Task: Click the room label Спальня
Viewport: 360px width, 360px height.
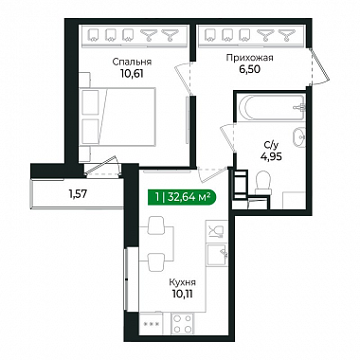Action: pos(132,63)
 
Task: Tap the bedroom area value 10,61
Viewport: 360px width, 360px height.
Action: pos(132,74)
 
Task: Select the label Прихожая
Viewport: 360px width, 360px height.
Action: pos(249,58)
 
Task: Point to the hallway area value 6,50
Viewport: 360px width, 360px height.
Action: pos(249,69)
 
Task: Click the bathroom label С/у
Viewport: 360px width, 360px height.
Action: pos(271,146)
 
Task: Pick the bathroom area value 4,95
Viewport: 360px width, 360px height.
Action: pos(271,156)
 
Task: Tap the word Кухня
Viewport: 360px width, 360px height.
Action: pos(183,282)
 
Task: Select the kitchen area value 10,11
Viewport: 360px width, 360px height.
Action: pos(183,295)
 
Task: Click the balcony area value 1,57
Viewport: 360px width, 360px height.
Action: pos(78,194)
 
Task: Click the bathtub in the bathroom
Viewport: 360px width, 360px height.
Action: pos(271,107)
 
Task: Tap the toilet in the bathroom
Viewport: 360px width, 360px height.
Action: pos(263,183)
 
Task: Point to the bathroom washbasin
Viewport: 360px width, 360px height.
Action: pos(298,137)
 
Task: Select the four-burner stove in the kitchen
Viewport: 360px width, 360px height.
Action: pos(183,324)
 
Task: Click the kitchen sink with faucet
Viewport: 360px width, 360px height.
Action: pos(217,255)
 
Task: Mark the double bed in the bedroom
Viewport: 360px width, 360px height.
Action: pos(117,117)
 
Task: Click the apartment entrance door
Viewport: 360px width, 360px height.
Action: pos(320,67)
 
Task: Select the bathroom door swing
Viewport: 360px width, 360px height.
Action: pos(227,137)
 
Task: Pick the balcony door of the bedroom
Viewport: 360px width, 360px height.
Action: pos(102,166)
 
